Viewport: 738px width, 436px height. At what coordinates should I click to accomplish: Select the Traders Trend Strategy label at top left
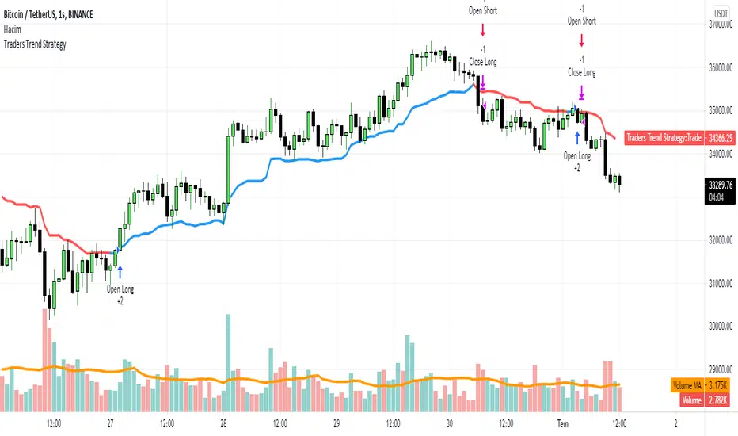36,44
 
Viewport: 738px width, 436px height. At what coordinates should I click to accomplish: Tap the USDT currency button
720,13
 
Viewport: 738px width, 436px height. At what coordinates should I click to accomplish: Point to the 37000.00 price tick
720,25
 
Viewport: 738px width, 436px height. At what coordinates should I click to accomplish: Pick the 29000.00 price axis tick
720,369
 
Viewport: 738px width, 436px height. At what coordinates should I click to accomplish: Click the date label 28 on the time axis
223,423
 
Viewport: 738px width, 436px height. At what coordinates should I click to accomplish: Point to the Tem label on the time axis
562,423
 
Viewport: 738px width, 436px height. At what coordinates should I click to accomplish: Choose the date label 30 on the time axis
448,423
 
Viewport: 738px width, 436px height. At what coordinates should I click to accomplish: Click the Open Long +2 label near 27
120,295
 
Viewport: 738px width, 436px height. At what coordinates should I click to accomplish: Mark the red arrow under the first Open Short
482,30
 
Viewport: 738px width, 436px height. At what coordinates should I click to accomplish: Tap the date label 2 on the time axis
675,423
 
